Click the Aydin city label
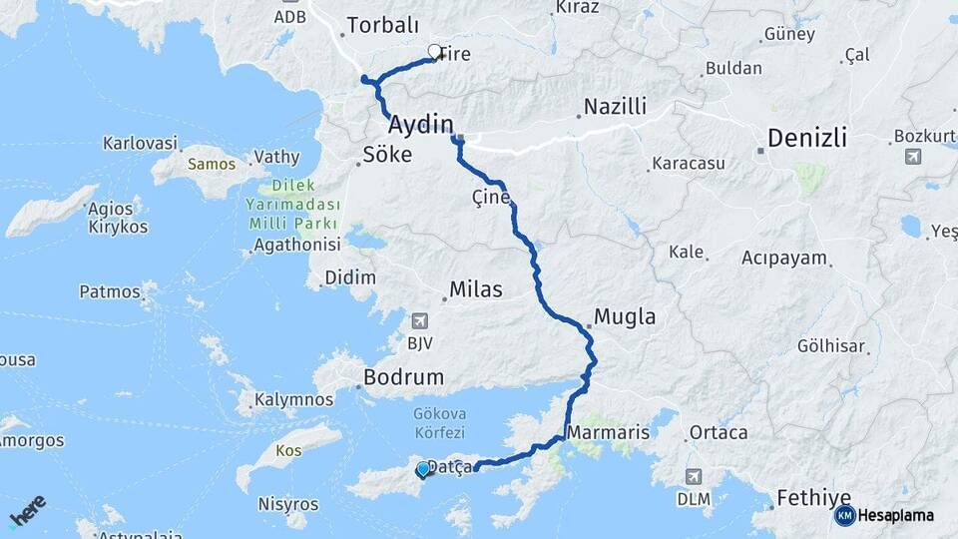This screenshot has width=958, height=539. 420,126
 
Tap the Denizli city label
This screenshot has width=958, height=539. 807,138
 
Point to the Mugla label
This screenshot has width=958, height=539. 625,317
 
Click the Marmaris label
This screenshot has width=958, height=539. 608,432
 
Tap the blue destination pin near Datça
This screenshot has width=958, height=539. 423,469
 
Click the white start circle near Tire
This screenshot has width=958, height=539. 434,51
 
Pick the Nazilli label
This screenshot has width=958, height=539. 615,106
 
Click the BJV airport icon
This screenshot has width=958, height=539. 419,321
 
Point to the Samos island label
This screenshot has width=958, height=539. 211,164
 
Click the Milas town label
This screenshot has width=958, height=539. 476,289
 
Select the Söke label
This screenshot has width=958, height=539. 386,155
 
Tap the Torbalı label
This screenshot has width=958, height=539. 382,26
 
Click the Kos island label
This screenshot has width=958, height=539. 288,450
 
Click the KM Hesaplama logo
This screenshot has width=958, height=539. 884,515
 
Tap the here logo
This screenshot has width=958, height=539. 28,509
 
